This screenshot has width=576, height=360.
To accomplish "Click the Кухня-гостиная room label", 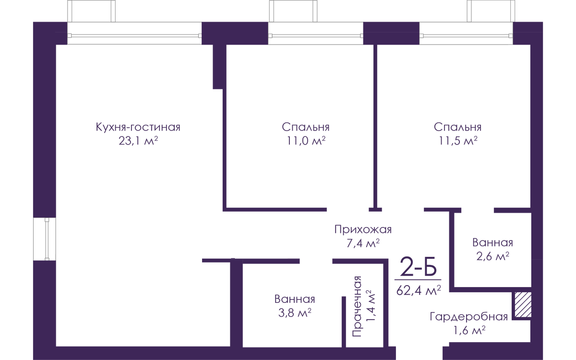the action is (138, 127).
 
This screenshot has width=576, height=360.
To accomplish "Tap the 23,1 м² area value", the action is (138, 141).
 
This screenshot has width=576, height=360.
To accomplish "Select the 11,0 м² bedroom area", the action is (306, 141).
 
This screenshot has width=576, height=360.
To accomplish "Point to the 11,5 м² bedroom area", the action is (458, 141).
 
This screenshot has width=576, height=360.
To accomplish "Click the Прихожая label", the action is (363, 229).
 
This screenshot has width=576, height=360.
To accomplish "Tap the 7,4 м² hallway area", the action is (363, 243).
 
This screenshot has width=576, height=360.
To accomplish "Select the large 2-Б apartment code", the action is (419, 266).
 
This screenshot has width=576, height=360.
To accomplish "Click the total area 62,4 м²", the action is (419, 290).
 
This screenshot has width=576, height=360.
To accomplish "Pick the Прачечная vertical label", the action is (357, 307).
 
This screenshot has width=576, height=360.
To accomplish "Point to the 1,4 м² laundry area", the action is (371, 306).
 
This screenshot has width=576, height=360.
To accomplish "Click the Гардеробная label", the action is (469, 317).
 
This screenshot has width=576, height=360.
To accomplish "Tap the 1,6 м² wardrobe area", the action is (469, 330).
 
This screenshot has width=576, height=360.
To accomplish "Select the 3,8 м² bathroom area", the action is (295, 312).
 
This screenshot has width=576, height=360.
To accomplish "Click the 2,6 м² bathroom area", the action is (492, 256).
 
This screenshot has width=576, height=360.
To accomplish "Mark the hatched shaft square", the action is (523, 305).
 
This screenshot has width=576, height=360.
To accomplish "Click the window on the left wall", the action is (45, 239).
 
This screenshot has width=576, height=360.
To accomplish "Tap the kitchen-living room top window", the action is (134, 34).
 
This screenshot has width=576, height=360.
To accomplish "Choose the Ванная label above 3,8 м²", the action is (295, 299).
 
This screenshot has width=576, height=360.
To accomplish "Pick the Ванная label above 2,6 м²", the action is (492, 243).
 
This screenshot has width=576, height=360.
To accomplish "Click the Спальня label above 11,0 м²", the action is (306, 127).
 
